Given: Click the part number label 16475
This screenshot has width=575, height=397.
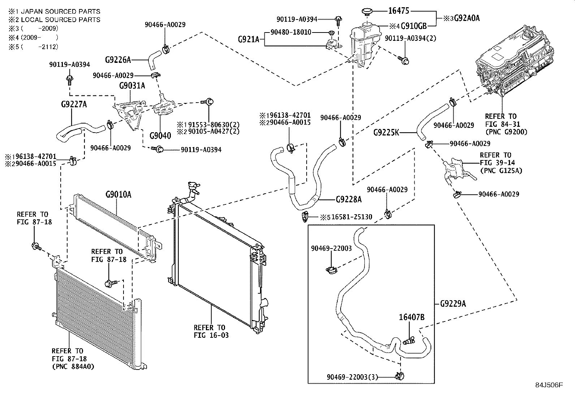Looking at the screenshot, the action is [399, 11].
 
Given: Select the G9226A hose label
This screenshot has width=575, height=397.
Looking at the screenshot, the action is [118, 59].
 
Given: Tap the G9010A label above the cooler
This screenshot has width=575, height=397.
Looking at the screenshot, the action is [118, 195].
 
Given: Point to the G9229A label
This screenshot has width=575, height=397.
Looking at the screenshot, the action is [453, 304].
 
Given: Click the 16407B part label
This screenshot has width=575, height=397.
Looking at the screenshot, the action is [411, 318].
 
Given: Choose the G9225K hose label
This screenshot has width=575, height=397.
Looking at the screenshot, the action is [386, 133].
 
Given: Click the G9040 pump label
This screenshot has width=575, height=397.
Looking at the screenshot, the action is [160, 136].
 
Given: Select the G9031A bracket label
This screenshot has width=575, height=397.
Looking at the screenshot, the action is [132, 86].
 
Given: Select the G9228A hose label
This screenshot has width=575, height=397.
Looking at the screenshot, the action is [348, 199].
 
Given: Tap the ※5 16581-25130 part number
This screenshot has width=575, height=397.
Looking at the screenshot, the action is [347, 217].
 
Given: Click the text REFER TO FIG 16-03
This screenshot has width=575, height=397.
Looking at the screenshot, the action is [211, 331].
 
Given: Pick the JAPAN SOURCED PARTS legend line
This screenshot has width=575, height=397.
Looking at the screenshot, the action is [54, 12].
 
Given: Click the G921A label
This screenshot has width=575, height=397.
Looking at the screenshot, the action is [248, 39].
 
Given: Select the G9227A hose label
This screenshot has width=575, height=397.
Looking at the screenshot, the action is [74, 105].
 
